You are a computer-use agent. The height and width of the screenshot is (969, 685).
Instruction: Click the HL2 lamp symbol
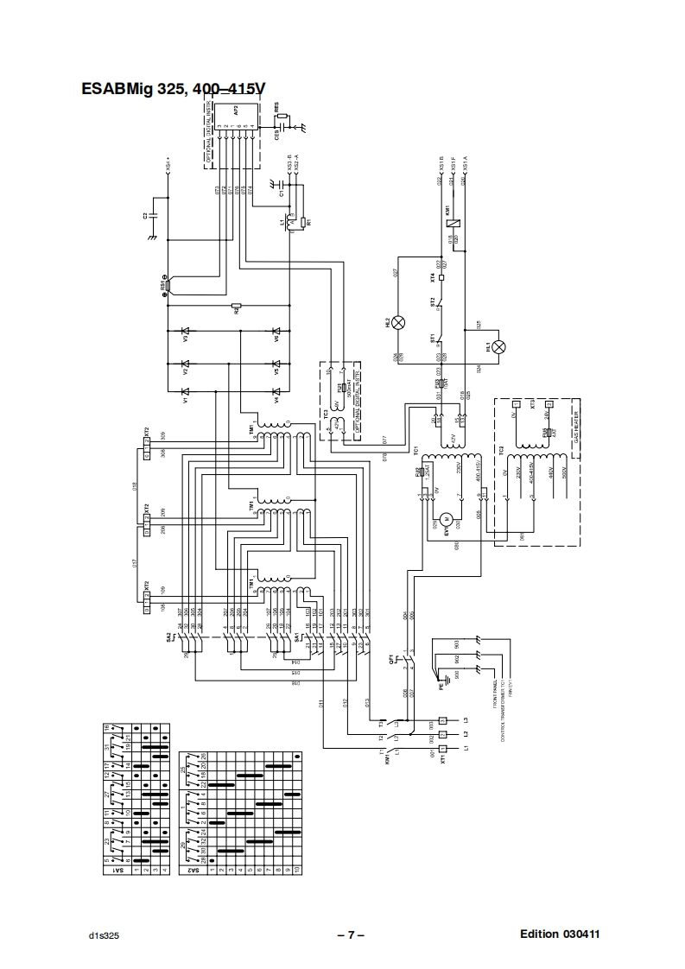pos(399,322)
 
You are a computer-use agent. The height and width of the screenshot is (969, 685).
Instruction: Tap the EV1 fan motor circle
pos(447,518)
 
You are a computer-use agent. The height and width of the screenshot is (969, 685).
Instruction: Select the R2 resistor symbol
pos(235,306)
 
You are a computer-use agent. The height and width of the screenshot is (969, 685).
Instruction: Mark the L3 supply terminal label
pos(466,719)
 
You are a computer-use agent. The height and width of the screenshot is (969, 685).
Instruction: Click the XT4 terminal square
pos(441,278)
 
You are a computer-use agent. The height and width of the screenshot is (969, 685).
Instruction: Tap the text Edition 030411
pos(560,934)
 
